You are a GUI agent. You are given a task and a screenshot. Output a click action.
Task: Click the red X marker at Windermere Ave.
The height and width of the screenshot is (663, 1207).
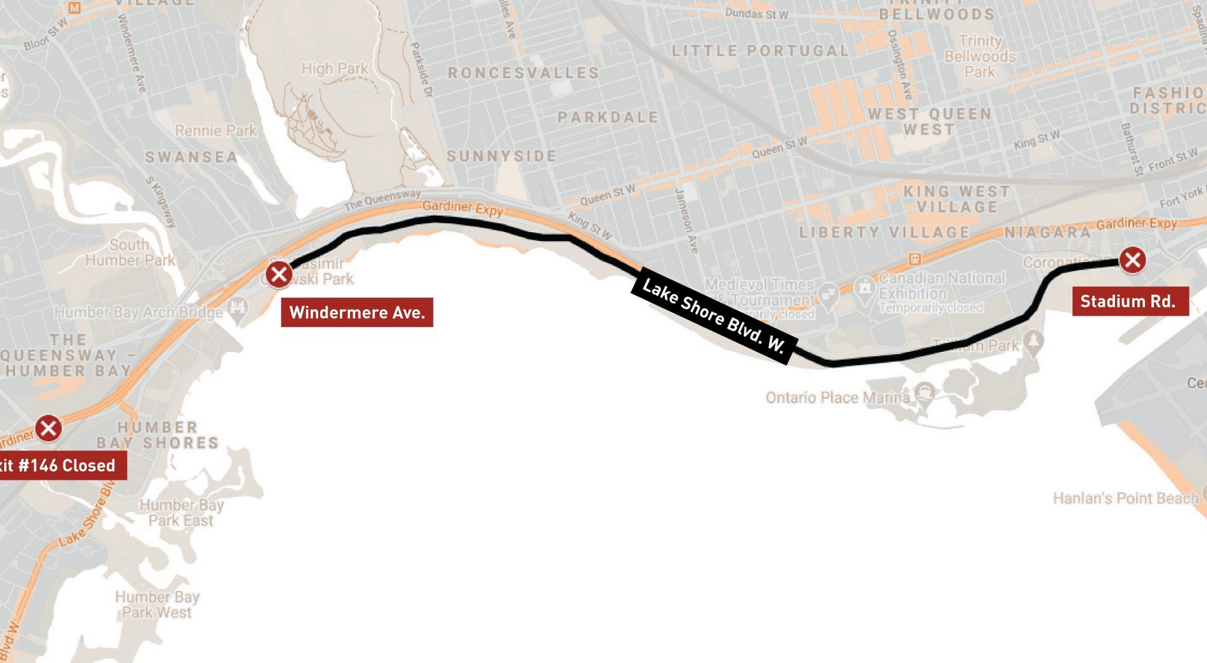coord(279,274)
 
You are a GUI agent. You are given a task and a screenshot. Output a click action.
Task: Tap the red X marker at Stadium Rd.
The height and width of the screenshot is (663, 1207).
coord(1132,260)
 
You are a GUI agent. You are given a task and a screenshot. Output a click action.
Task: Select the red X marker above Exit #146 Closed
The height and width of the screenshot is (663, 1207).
coord(48,428)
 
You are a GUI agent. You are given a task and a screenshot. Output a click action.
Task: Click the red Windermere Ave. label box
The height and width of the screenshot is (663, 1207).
coord(357,312)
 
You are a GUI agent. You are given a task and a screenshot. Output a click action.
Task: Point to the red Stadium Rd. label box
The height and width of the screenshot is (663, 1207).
coord(1129,302)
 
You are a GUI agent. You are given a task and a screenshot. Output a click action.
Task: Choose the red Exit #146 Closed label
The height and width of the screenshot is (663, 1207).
coord(60,466)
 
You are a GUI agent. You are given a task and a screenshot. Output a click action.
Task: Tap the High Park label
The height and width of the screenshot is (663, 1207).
coord(334,69)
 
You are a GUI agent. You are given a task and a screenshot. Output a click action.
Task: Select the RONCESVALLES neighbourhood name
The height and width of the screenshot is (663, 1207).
coord(523,74)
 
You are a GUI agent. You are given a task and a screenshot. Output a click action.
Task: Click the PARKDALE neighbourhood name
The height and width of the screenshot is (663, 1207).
coord(608,117)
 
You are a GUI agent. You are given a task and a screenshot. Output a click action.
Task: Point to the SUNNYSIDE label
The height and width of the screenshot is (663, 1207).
coord(502,157)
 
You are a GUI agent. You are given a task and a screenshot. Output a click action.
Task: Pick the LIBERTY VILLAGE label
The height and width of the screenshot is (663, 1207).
coord(884,233)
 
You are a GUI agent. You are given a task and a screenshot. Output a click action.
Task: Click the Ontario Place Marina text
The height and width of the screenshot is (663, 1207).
coord(837,398)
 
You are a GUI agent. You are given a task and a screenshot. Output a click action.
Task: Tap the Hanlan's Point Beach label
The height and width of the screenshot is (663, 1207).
coord(1125,498)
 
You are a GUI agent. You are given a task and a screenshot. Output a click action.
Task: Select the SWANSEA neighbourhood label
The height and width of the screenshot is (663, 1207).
coord(192,157)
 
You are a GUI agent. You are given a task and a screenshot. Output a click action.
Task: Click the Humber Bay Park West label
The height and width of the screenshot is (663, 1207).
coord(157,604)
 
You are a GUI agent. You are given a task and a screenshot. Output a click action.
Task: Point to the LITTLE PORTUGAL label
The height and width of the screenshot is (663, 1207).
coord(760,51)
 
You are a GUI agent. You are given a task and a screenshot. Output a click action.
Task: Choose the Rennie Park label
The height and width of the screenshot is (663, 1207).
coord(215,131)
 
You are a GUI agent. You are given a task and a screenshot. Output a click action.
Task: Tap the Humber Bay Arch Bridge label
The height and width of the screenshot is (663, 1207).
coord(138,312)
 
